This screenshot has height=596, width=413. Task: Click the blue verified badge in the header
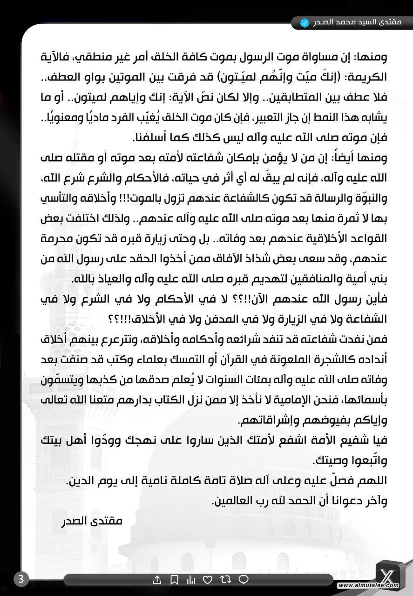(x=305, y=22)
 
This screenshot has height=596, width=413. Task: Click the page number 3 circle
(x=20, y=579)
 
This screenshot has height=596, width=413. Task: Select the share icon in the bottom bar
(x=157, y=580)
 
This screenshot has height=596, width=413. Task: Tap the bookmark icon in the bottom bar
(x=174, y=580)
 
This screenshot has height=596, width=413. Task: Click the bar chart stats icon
(x=191, y=580)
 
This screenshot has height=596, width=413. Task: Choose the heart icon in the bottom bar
(x=208, y=580)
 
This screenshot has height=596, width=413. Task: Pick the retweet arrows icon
(x=225, y=580)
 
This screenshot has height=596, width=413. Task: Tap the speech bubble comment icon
(x=243, y=580)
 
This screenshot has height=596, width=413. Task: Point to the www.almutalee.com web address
(x=368, y=585)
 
